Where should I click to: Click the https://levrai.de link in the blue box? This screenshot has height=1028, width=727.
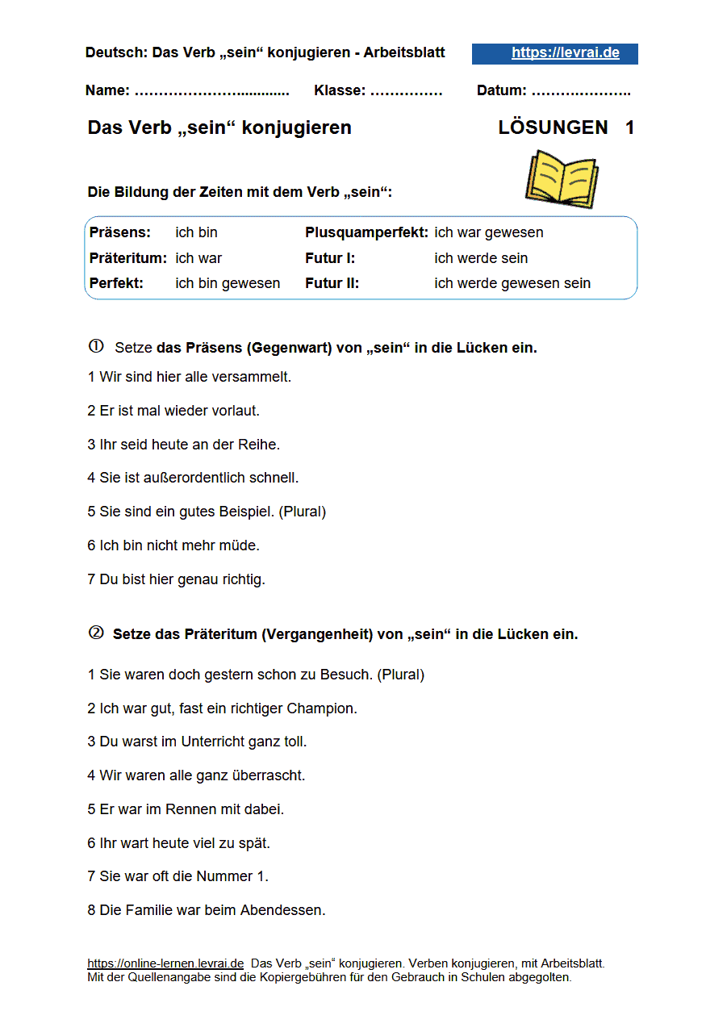pyautogui.click(x=565, y=53)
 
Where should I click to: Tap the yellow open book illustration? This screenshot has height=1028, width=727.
pyautogui.click(x=562, y=179)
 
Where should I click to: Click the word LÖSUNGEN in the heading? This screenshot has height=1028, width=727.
pyautogui.click(x=553, y=127)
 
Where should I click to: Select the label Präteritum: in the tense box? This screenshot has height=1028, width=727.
pyautogui.click(x=128, y=258)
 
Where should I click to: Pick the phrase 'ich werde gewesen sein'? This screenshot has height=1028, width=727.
pyautogui.click(x=512, y=283)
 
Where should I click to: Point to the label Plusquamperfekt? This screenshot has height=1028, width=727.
pyautogui.click(x=366, y=232)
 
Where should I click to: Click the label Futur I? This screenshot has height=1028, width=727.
pyautogui.click(x=330, y=258)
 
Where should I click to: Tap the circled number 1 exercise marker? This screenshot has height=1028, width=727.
pyautogui.click(x=96, y=347)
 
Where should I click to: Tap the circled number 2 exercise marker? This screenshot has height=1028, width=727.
pyautogui.click(x=96, y=633)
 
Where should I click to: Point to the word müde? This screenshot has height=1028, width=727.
pyautogui.click(x=242, y=545)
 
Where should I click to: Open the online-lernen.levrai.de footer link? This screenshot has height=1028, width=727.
pyautogui.click(x=165, y=963)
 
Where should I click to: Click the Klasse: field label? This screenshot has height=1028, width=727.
pyautogui.click(x=339, y=90)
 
